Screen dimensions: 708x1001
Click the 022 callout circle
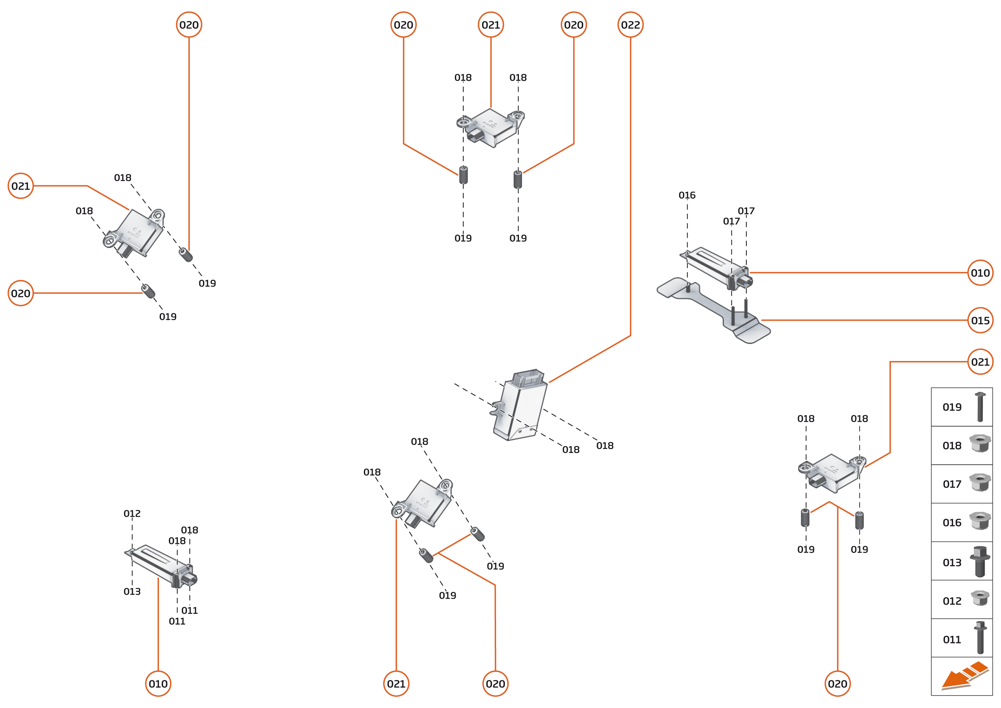(x=630, y=25)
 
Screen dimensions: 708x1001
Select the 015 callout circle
(x=980, y=321)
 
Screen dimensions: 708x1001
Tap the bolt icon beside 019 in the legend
(x=980, y=407)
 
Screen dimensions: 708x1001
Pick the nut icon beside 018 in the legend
(x=980, y=444)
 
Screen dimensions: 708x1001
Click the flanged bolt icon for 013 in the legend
(x=980, y=562)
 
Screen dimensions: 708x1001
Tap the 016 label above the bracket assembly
(x=687, y=195)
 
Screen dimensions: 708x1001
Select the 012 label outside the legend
(x=132, y=513)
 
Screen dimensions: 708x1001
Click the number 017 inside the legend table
(x=952, y=484)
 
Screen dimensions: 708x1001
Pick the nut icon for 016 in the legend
(x=980, y=521)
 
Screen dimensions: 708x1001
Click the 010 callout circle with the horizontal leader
(x=980, y=273)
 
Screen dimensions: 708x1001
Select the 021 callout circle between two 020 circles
(x=490, y=25)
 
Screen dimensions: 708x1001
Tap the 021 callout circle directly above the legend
(x=980, y=362)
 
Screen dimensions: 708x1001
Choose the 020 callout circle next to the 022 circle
(x=573, y=25)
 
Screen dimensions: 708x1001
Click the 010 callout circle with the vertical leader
(x=158, y=684)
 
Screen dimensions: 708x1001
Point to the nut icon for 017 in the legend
(x=980, y=483)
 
